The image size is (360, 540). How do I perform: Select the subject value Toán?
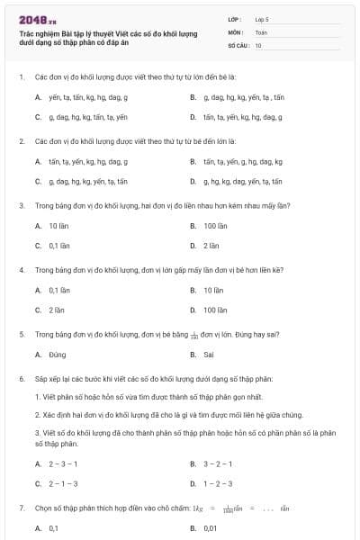coord(261,31)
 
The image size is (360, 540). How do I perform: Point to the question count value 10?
coord(258,44)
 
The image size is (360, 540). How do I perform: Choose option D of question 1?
coord(238,117)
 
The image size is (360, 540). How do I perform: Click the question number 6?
coord(21,379)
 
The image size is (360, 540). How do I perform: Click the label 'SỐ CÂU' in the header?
coord(238,44)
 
